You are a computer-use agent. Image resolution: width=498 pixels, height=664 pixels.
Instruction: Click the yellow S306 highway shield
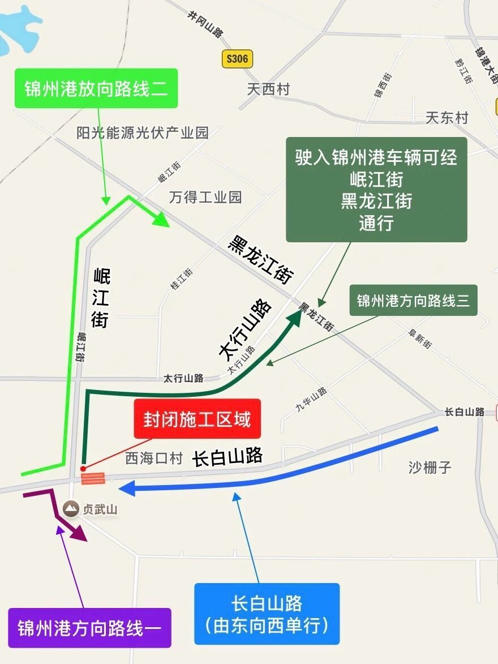click(x=237, y=59)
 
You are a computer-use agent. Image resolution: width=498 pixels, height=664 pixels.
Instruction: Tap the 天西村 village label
click(x=268, y=89)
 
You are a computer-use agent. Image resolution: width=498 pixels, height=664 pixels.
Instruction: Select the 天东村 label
click(x=447, y=118)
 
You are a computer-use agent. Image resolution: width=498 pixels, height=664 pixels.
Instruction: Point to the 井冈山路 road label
click(x=205, y=24)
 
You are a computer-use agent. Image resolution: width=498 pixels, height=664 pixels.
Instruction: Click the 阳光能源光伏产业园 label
click(x=143, y=132)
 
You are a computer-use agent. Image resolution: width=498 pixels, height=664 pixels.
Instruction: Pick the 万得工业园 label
click(x=205, y=197)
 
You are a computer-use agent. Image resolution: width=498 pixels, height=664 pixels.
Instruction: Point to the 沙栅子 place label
click(x=430, y=468)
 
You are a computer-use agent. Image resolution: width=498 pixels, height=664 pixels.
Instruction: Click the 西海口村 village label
click(x=154, y=459)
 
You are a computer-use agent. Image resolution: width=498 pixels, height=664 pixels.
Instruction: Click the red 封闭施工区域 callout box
click(x=197, y=419)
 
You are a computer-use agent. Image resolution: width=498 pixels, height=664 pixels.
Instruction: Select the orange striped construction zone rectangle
click(x=93, y=479)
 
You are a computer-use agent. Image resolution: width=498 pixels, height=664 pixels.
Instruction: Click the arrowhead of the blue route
click(x=126, y=488)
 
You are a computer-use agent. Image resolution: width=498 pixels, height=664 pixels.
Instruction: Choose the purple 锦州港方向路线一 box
click(x=89, y=628)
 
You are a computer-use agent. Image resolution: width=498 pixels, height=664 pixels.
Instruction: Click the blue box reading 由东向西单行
click(x=267, y=614)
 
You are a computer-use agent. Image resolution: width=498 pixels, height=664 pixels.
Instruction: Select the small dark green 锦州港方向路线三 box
click(x=413, y=300)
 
